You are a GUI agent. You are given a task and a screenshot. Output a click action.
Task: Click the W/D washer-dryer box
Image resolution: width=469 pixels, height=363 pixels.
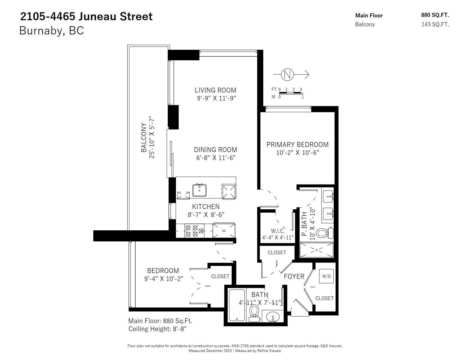point(326,276)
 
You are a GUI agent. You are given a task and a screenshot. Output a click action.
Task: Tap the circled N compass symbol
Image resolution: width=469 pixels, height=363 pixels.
point(287,75)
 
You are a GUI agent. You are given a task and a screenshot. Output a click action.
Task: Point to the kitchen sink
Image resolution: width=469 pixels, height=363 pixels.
point(199,190)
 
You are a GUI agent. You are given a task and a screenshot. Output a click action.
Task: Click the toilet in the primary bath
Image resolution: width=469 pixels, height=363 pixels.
point(324,233)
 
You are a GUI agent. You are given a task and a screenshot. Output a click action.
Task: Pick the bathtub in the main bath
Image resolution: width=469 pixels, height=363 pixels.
point(237,305)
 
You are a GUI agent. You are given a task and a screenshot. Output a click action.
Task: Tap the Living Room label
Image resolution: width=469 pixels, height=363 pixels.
point(215,90)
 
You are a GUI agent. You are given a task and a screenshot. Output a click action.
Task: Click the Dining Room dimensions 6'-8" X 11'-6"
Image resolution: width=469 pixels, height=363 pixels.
point(216,158)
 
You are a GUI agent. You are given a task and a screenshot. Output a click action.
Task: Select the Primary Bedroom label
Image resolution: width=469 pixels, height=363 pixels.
point(297,144)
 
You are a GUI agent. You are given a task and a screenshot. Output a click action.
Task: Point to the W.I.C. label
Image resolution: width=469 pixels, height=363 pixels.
point(277,231)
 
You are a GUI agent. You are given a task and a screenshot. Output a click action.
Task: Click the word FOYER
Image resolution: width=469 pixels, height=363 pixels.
point(294,276)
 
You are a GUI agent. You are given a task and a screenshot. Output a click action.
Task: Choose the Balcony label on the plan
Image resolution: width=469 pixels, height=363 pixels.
point(144,138)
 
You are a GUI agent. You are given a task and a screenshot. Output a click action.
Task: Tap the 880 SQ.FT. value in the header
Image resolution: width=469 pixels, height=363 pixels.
point(435,15)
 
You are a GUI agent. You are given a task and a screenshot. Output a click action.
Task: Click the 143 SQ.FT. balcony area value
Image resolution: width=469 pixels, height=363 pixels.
point(435,24)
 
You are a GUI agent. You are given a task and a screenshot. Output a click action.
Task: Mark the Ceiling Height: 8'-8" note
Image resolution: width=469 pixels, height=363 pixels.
point(157,329)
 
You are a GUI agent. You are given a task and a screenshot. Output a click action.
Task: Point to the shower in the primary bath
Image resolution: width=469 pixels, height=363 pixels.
point(316,250)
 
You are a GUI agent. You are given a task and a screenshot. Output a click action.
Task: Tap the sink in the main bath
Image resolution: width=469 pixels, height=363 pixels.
point(273,317)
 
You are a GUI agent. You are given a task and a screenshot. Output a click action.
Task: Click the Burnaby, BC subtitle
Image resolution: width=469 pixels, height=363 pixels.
point(51,30)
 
